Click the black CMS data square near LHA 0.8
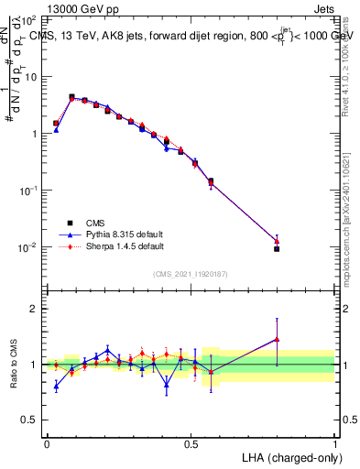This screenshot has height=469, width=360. pyautogui.click(x=277, y=248)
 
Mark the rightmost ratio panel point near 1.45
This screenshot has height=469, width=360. pyautogui.click(x=277, y=339)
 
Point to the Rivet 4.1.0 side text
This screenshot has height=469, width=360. pyautogui.click(x=346, y=73)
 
